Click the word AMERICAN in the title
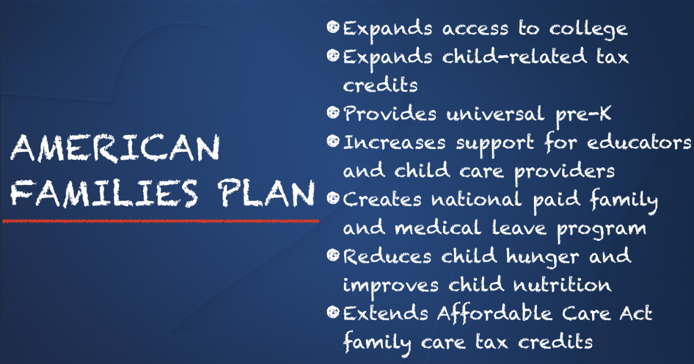115,148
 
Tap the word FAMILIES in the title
104,193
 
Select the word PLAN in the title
266,193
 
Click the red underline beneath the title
161,221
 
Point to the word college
588,30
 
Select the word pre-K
583,115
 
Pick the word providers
564,172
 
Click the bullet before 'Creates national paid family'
333,198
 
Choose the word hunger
543,257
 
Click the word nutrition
562,285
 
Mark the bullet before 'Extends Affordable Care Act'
333,312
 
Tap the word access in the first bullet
475,29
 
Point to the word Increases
394,142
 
